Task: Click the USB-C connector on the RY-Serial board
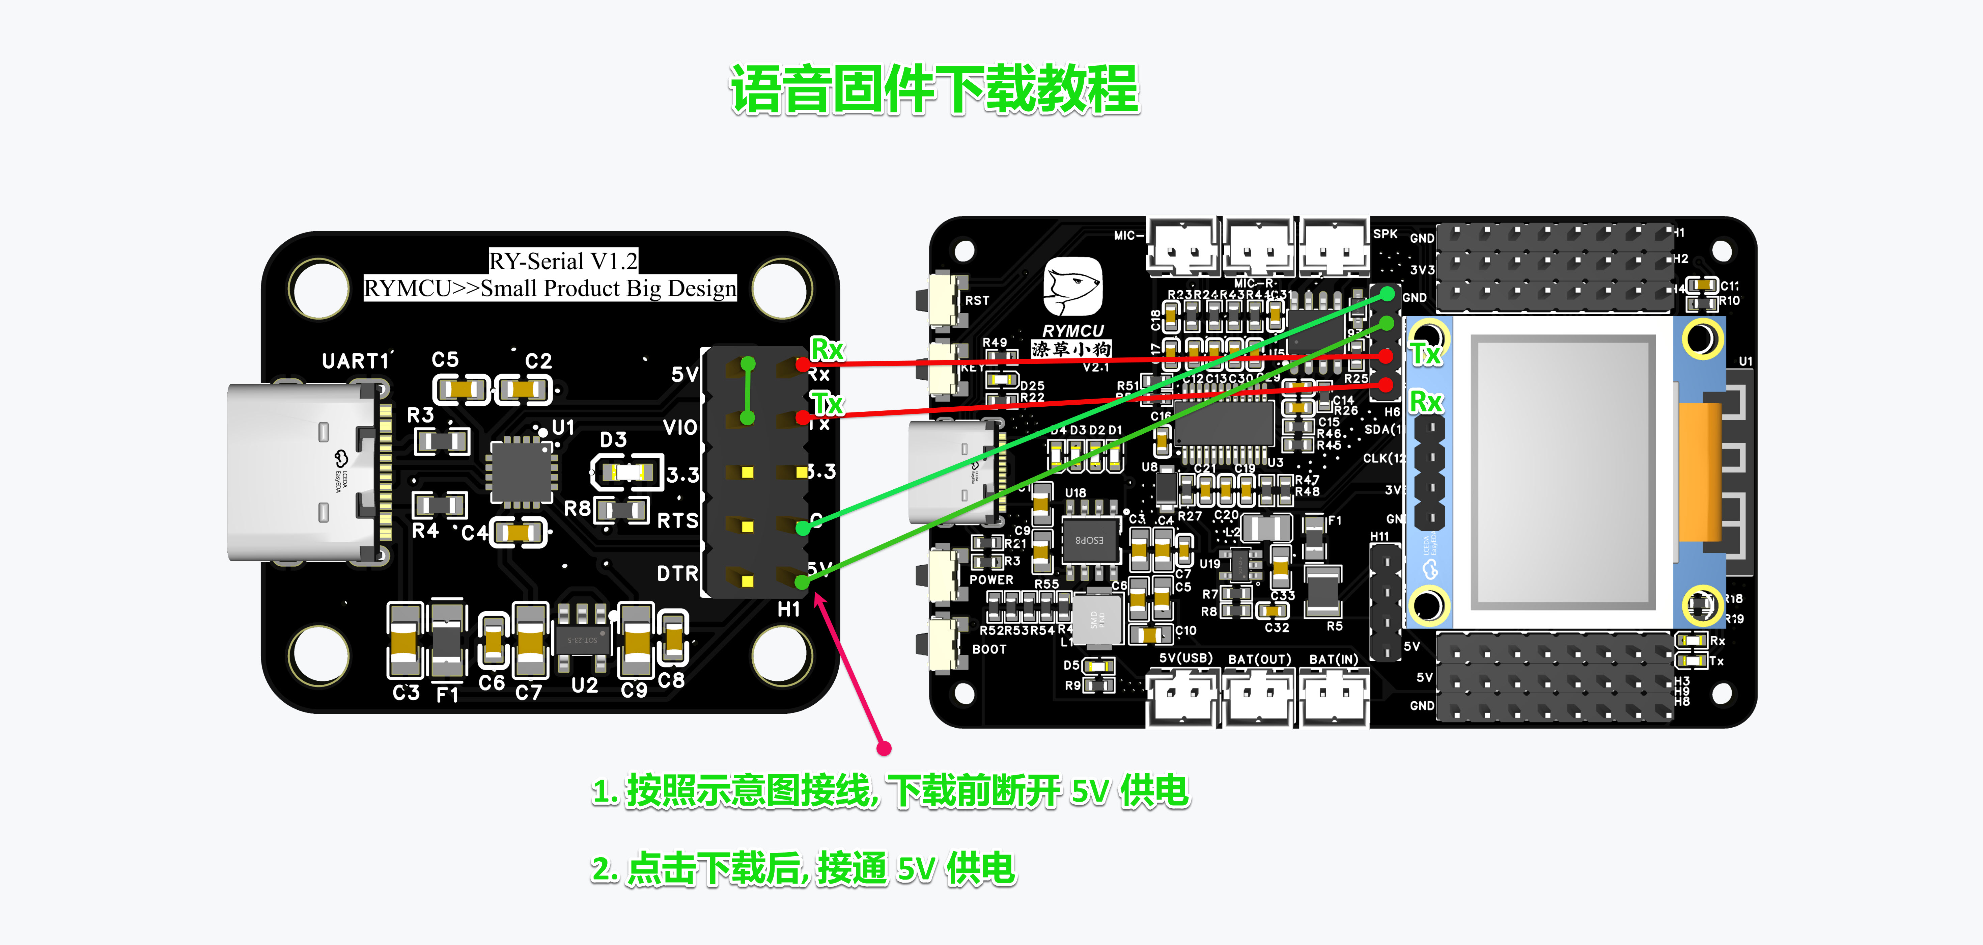[x=304, y=471]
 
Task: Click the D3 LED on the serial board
[x=627, y=471]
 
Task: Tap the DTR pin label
[x=677, y=574]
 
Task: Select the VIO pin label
[x=680, y=428]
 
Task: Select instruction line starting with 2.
[x=803, y=869]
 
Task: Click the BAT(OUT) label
[x=1259, y=659]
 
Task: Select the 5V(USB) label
[x=1185, y=658]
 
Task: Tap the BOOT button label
[x=989, y=649]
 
